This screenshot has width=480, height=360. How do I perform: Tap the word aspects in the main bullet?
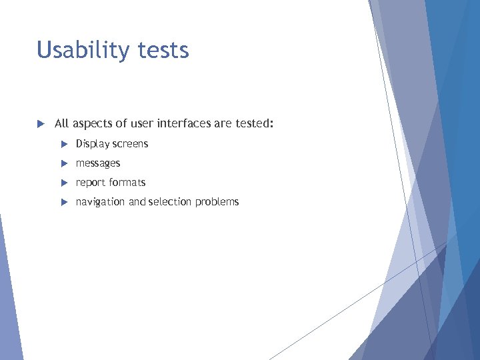[93, 124]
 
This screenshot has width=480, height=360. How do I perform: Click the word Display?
[93, 144]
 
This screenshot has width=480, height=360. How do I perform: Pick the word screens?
[130, 144]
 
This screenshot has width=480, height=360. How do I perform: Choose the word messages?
[98, 163]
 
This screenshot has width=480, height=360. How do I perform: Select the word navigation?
[100, 202]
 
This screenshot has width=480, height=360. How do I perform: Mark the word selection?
[170, 202]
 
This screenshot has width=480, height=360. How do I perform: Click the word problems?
[217, 202]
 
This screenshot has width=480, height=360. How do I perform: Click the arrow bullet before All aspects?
[40, 124]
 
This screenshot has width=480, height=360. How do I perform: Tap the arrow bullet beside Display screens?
[64, 144]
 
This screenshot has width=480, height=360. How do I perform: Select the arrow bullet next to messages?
[64, 163]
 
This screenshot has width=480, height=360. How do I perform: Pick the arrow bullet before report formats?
[64, 183]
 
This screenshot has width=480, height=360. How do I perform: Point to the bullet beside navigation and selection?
[64, 202]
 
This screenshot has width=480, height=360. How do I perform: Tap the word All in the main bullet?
[61, 124]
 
